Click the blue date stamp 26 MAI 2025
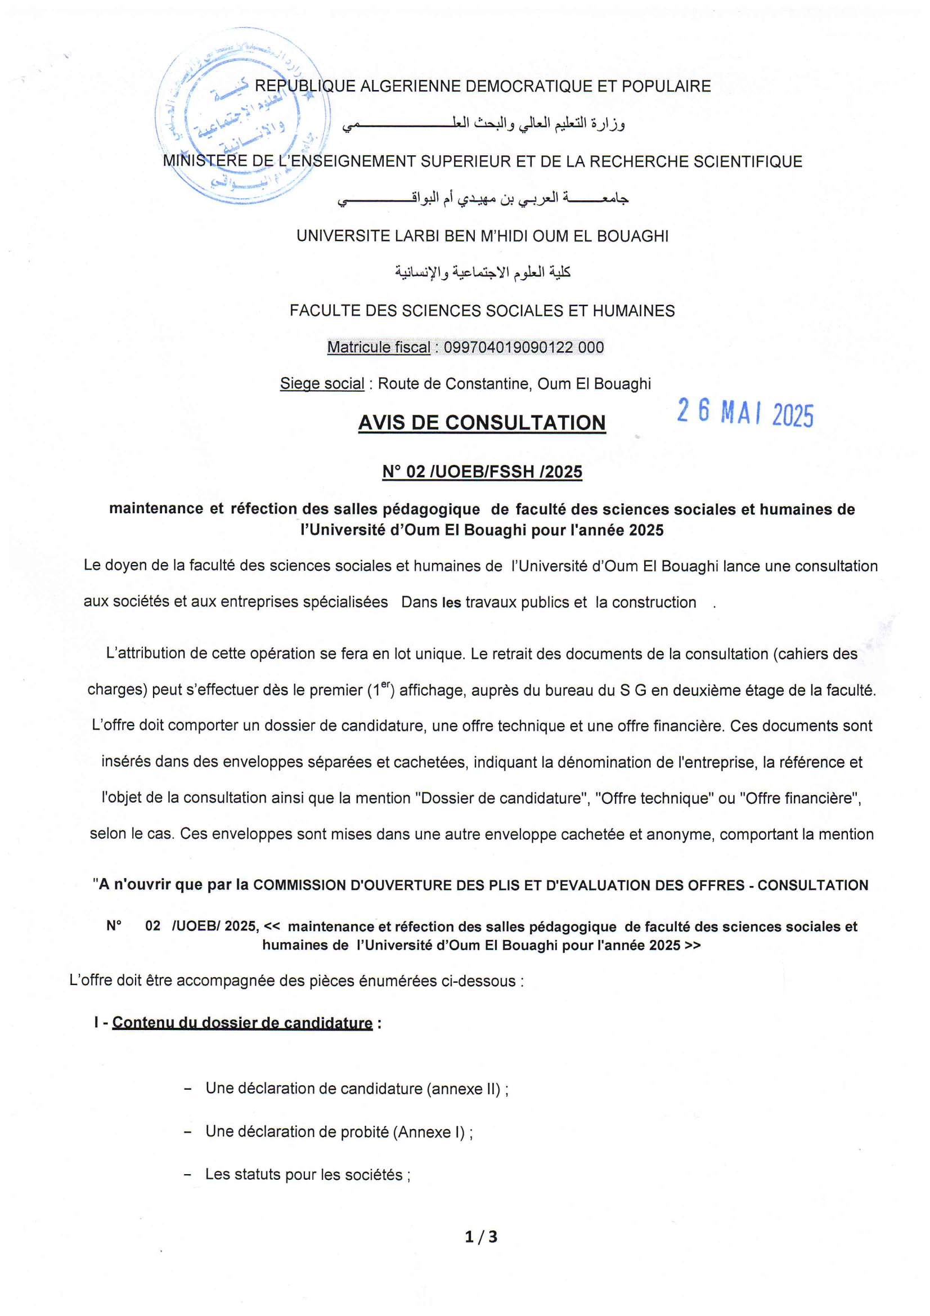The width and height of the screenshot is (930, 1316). [x=745, y=412]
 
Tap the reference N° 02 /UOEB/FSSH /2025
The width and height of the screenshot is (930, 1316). [x=482, y=472]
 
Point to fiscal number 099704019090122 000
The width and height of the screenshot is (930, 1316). [x=524, y=347]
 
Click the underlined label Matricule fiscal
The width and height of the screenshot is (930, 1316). [x=378, y=347]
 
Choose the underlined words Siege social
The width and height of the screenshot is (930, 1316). [x=322, y=383]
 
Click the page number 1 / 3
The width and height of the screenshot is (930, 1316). [x=482, y=1237]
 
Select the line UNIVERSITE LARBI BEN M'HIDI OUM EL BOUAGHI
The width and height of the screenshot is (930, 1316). [x=482, y=236]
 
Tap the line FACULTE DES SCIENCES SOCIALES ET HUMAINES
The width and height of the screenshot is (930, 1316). [x=482, y=311]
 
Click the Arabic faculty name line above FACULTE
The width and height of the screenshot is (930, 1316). [x=482, y=272]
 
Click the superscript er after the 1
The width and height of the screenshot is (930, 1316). [x=385, y=684]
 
